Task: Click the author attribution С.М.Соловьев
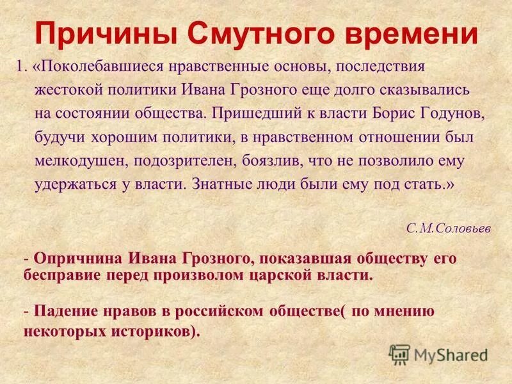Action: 449,228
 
